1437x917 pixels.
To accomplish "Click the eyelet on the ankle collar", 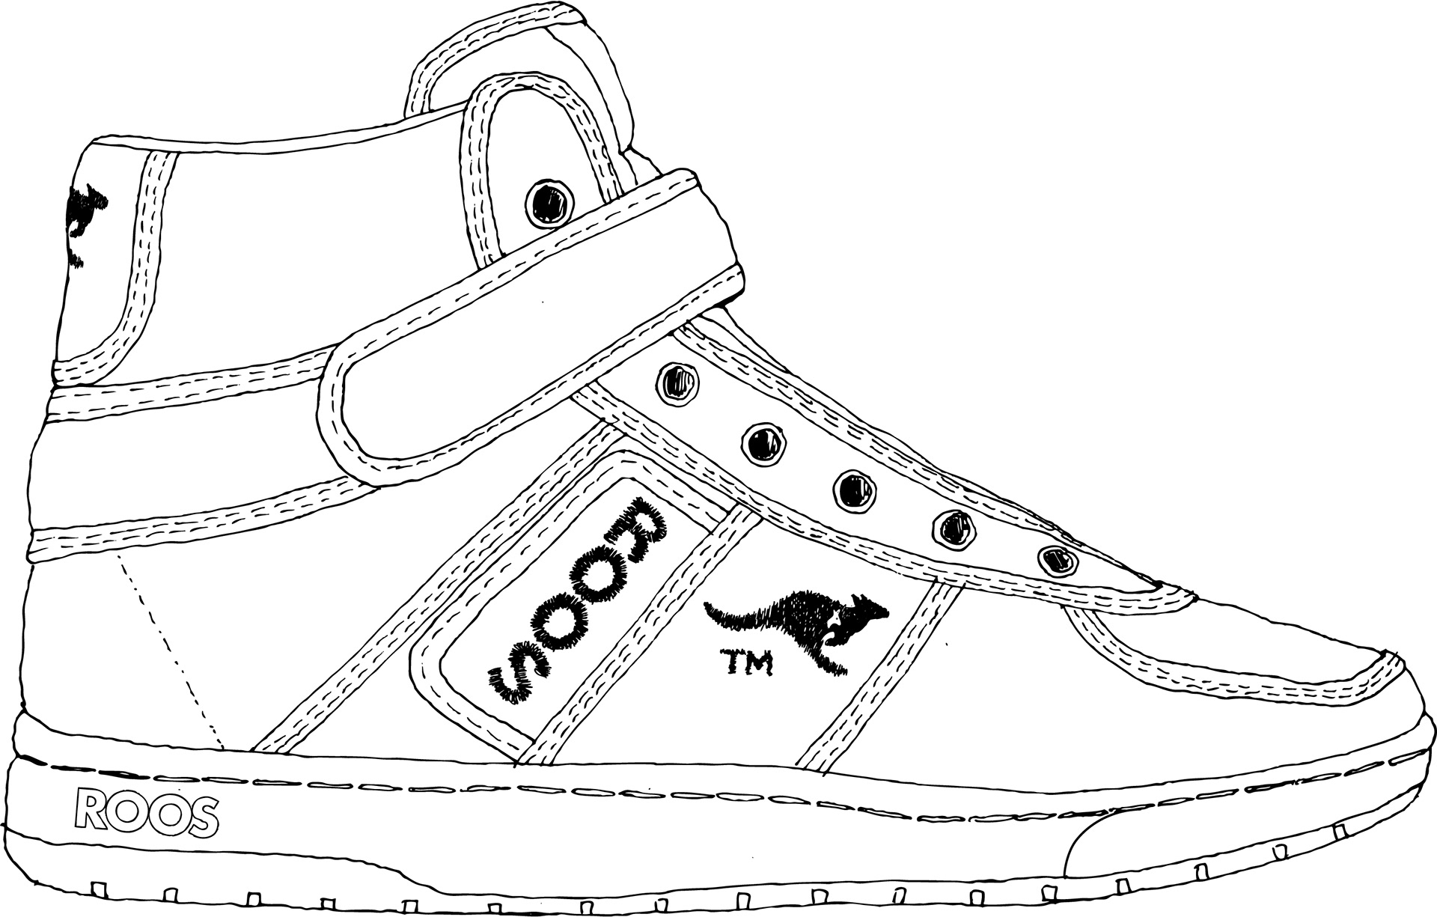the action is pyautogui.click(x=550, y=201).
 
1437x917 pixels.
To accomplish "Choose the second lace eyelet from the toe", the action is pyautogui.click(x=951, y=527).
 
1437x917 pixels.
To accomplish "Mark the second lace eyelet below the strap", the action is pyautogui.click(x=765, y=442).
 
